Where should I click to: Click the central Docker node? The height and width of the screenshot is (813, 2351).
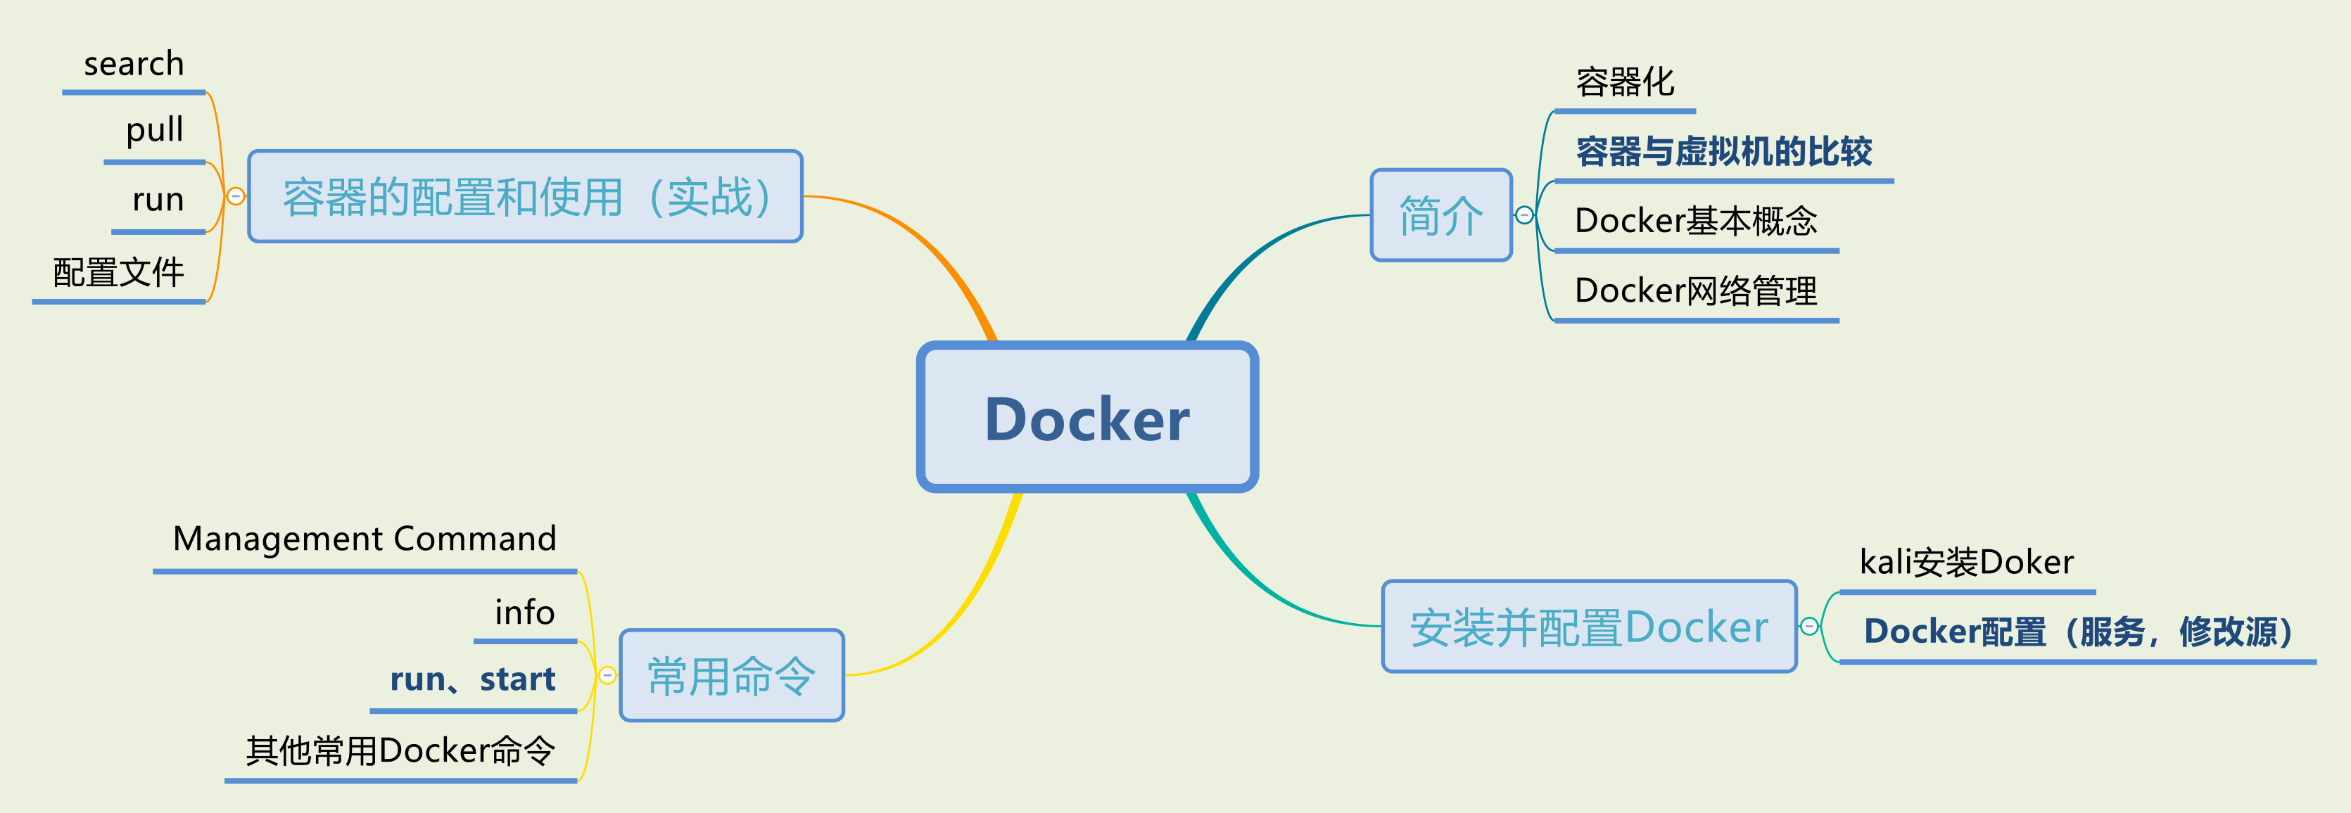point(1087,418)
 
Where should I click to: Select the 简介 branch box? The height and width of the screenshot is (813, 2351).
point(1441,215)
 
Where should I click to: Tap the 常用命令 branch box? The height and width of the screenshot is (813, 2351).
point(731,676)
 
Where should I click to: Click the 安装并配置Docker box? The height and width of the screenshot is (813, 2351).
point(1589,627)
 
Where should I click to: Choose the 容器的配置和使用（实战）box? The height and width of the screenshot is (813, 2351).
point(526,196)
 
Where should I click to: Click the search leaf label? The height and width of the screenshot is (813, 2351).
point(134,64)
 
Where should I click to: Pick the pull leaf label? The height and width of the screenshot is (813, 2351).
point(154,129)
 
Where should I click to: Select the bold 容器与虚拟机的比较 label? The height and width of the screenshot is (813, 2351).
point(1723,151)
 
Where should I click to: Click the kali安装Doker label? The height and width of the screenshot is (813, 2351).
point(1966,562)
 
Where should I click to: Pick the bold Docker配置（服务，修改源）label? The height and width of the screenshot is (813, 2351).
point(2077,632)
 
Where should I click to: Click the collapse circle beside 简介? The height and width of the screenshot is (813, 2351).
point(1524,215)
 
